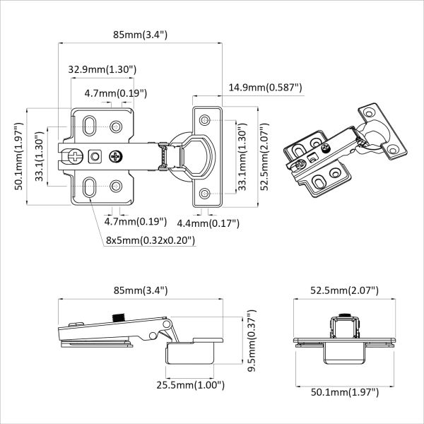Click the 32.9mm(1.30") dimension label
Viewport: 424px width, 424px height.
[x=102, y=69]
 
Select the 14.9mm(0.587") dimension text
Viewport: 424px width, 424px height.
[x=265, y=87]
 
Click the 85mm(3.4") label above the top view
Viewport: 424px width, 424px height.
[x=140, y=34]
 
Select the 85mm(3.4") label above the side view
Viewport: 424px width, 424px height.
[x=140, y=290]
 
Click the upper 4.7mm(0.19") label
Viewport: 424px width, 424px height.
[x=115, y=93]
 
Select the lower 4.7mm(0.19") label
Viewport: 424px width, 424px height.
[x=115, y=222]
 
